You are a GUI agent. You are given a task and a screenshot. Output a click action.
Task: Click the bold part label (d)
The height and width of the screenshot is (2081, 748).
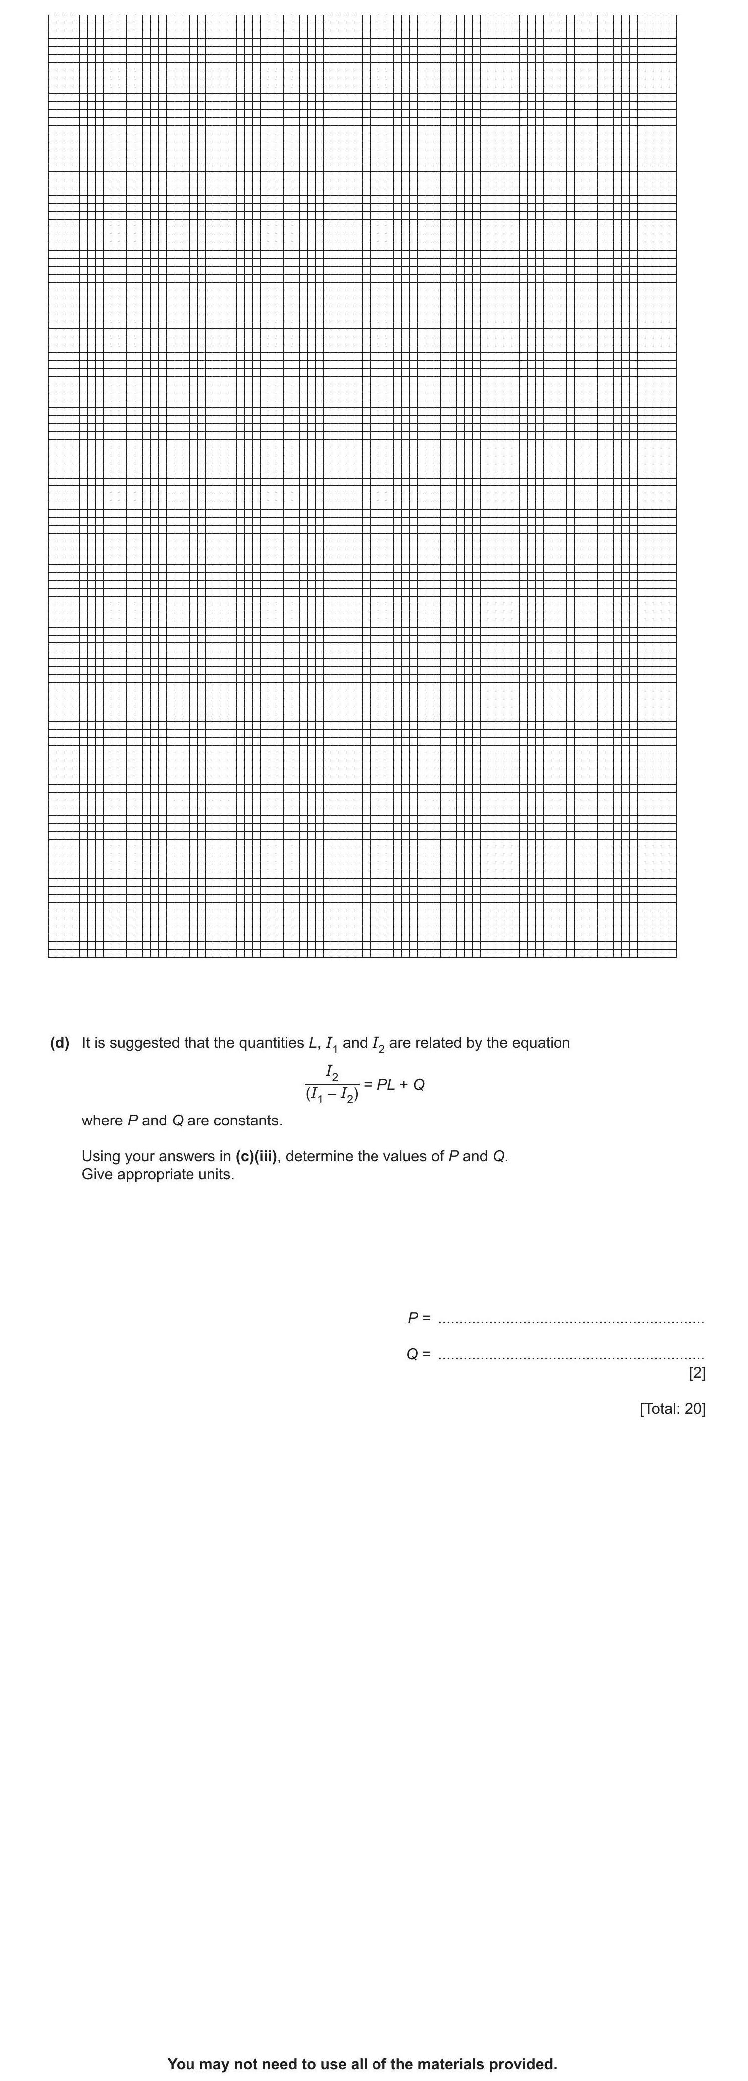60,1043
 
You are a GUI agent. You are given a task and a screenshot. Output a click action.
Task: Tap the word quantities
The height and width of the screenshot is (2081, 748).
271,1043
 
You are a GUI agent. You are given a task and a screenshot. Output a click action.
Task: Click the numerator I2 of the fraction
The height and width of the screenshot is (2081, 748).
331,1072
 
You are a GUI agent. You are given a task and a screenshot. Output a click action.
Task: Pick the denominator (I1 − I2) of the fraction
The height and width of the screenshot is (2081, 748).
331,1096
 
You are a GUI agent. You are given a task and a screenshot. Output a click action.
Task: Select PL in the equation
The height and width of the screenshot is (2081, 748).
385,1084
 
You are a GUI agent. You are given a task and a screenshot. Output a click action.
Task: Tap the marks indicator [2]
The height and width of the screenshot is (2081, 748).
696,1373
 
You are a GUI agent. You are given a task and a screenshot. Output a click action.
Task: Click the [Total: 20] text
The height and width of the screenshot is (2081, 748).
672,1408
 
